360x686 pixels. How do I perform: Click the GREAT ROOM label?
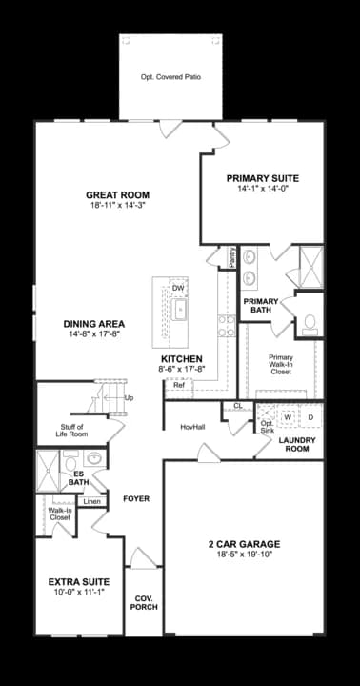click(117, 194)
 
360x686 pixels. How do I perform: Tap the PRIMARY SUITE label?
click(262, 178)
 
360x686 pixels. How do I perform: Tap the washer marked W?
click(287, 417)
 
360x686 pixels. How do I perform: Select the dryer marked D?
click(310, 417)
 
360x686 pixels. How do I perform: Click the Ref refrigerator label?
click(178, 385)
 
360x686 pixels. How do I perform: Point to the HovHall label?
click(193, 427)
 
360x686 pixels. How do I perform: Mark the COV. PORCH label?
click(144, 602)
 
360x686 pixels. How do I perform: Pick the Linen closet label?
click(91, 501)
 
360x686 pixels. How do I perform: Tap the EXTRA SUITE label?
click(78, 581)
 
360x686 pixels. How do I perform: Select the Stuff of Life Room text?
click(72, 431)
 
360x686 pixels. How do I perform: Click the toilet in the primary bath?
click(310, 323)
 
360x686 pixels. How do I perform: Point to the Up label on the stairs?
click(129, 397)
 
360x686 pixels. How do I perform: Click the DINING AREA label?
click(95, 323)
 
